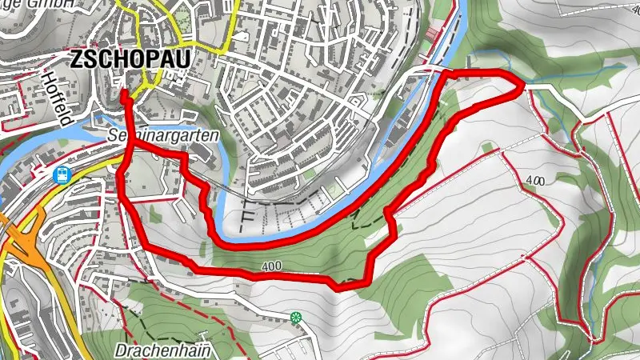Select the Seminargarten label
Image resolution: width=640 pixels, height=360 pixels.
click(x=162, y=136)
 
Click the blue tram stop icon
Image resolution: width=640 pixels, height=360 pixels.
click(x=62, y=174)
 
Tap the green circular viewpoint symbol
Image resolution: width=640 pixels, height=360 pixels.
click(x=297, y=318)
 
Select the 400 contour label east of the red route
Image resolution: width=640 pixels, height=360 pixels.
click(x=535, y=182)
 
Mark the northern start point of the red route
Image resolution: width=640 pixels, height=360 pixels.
click(x=124, y=94)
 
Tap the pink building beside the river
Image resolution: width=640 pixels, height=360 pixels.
click(x=433, y=34)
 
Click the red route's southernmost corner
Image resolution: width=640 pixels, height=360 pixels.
click(x=339, y=285)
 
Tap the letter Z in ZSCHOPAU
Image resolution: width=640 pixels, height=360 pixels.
click(x=77, y=58)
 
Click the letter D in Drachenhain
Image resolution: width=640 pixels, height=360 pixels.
click(x=121, y=350)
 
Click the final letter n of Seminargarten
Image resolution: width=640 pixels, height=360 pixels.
click(x=214, y=136)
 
